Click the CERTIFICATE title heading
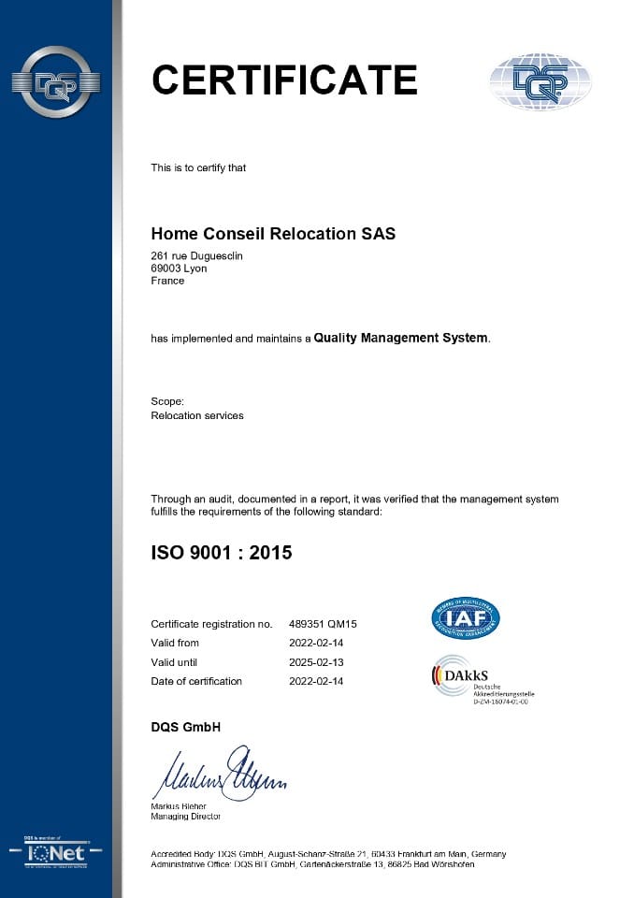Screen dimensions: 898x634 [284, 80]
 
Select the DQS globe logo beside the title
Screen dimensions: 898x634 [540, 82]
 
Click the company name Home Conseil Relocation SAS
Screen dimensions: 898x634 [273, 234]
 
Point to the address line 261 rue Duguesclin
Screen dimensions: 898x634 [196, 256]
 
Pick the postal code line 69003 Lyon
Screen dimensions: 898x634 [179, 268]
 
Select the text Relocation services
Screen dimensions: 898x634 [196, 415]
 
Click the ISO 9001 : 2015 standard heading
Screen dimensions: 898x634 [222, 553]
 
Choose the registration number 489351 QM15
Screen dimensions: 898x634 [324, 624]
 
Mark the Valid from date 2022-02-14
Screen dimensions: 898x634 [317, 643]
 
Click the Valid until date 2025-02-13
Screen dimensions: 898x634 [317, 662]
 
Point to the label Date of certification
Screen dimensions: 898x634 [196, 681]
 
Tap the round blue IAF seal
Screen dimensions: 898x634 [466, 618]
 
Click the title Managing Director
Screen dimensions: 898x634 [185, 817]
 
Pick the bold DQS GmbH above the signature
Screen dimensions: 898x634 [185, 727]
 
